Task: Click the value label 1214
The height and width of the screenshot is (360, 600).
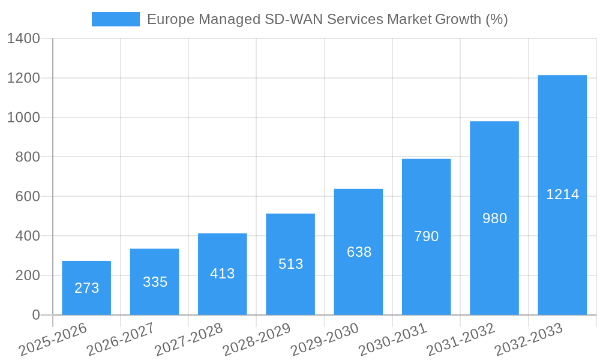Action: [x=562, y=194]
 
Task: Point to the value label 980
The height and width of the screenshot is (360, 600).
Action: [x=494, y=218]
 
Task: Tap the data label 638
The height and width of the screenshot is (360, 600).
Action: [x=359, y=252]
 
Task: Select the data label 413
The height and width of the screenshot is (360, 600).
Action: [x=222, y=274]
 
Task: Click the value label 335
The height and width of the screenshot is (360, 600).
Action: [x=155, y=282]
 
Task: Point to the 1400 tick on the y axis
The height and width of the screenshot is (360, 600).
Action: [x=23, y=39]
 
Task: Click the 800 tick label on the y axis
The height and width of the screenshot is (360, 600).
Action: [x=28, y=157]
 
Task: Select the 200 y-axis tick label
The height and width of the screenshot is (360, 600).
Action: [x=28, y=275]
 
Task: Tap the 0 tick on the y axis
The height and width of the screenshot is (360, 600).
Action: [x=35, y=315]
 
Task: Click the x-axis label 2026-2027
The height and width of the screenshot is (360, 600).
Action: [x=120, y=339]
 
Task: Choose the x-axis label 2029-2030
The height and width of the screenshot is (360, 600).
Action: [x=324, y=339]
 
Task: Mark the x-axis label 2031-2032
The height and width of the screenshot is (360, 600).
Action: [x=460, y=339]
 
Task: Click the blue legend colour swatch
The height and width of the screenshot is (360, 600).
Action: [x=115, y=19]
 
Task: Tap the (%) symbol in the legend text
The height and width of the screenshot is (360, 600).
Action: [x=496, y=19]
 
